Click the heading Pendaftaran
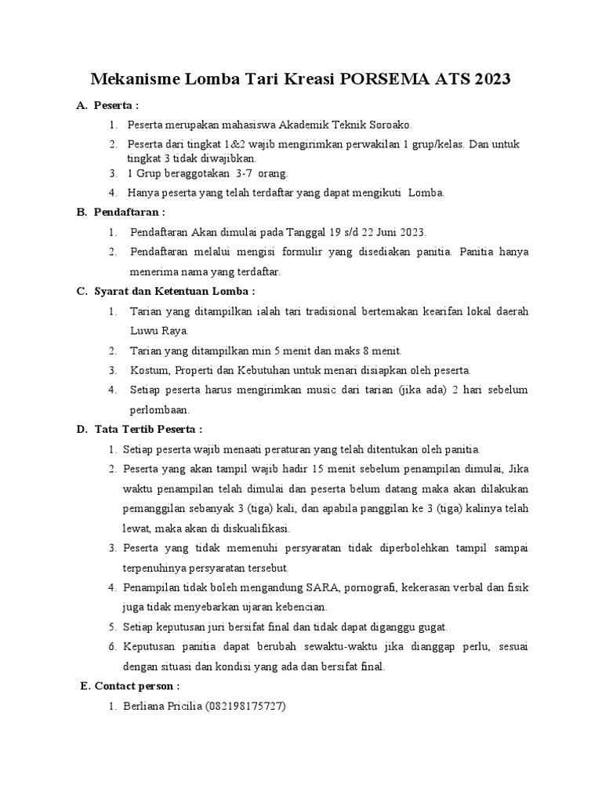point(129,213)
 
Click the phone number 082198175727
point(246,707)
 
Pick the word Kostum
point(147,370)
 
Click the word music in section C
point(338,390)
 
